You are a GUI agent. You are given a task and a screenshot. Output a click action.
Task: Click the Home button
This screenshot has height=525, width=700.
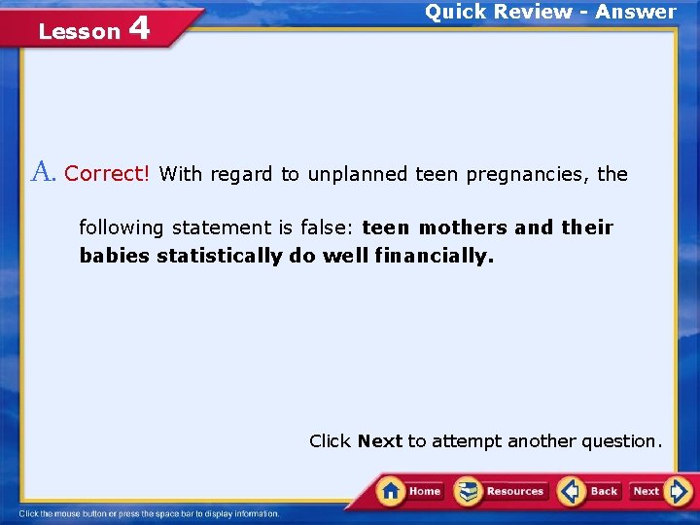coord(410,491)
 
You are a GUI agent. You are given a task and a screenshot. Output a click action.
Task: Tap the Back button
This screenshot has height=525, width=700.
coord(590,491)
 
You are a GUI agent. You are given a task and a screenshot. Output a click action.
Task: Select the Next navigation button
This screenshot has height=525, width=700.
coord(659,491)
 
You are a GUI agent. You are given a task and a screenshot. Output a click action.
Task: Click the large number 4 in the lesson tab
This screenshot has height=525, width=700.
coord(138,28)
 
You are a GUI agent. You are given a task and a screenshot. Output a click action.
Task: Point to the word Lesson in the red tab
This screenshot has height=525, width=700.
coord(79,32)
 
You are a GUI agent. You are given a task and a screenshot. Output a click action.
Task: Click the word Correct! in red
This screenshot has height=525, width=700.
coord(107,174)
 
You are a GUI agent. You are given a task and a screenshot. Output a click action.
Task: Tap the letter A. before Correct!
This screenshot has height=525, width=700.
coord(45,173)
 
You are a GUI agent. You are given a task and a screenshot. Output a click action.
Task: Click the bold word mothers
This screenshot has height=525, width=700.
coord(463,227)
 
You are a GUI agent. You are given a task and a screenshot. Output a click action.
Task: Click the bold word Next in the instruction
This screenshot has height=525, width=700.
coord(379,441)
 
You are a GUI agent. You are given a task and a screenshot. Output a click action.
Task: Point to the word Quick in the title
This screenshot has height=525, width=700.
coord(457,12)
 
